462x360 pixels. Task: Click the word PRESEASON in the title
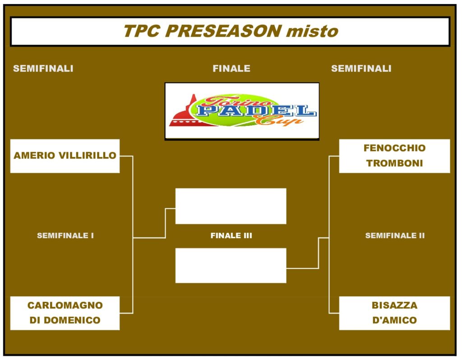223,31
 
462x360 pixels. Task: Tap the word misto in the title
312,31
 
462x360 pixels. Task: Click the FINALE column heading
231,69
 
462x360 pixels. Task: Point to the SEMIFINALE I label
65,235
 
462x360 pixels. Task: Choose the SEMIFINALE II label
395,235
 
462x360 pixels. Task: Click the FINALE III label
231,235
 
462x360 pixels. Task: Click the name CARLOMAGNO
65,305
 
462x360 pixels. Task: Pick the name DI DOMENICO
65,320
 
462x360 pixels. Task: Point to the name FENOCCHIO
394,148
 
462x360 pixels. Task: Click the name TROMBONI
394,163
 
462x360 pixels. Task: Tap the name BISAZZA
394,305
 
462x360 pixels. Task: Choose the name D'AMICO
394,320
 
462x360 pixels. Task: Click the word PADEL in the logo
256,111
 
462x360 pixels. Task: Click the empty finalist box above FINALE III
231,206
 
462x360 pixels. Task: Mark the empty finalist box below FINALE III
231,265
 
